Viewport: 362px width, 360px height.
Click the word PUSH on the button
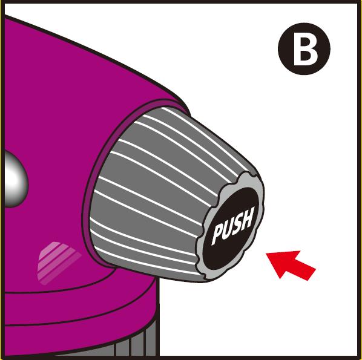click(x=232, y=226)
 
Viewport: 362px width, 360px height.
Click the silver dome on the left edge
click(x=15, y=179)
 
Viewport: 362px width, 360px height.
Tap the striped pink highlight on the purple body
click(x=58, y=263)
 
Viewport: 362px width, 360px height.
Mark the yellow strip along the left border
click(x=2, y=180)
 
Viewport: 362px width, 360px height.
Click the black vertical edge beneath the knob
click(x=158, y=316)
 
